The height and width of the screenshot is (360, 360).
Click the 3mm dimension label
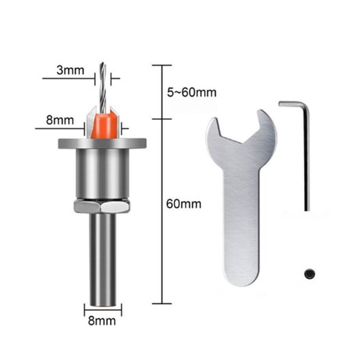[x=70, y=70]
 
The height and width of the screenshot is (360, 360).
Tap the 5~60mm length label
[x=192, y=92]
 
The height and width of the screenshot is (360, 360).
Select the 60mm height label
[x=183, y=204]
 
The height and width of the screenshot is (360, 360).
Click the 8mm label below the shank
[x=102, y=321]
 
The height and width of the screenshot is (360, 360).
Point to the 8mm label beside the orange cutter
[x=60, y=120]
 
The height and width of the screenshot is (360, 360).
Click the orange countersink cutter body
[x=104, y=125]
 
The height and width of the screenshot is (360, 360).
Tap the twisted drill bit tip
[x=102, y=63]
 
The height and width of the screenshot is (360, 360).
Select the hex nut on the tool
[x=102, y=206]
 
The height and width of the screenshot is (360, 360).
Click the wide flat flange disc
[x=102, y=143]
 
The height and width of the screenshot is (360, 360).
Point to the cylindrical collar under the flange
[x=102, y=173]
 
